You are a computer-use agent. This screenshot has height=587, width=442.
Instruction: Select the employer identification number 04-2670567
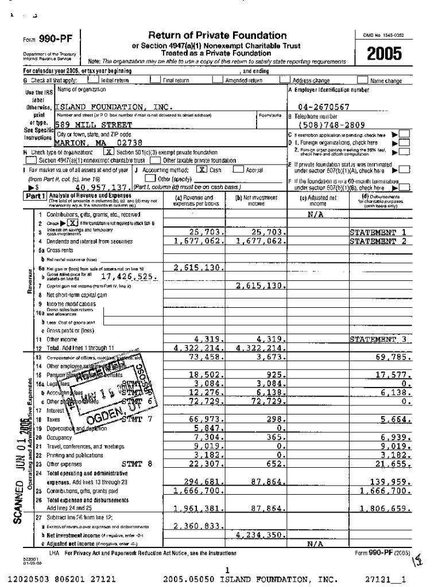pyautogui.click(x=324, y=107)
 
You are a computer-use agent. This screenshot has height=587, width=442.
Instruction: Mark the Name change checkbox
pyautogui.click(x=362, y=81)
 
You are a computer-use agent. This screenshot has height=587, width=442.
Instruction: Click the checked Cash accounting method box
pyautogui.click(x=200, y=170)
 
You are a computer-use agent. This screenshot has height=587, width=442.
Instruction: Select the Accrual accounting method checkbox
pyautogui.click(x=238, y=170)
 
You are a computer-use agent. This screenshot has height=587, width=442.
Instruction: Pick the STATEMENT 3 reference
pyautogui.click(x=381, y=339)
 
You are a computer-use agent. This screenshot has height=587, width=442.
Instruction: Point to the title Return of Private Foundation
pyautogui.click(x=217, y=36)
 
